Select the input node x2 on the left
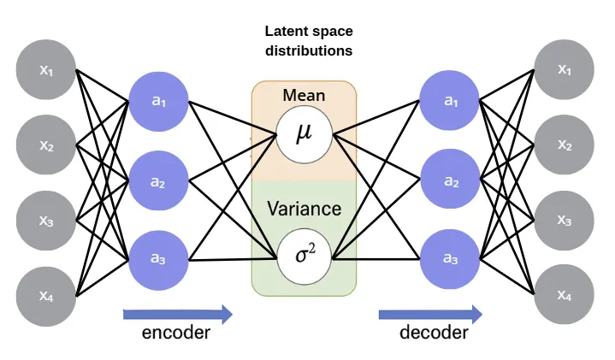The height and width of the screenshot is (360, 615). point(46,145)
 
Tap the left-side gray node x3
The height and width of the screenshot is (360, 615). point(46,221)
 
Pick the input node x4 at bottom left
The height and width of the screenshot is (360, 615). point(46,295)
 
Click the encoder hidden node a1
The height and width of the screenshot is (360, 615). point(158,102)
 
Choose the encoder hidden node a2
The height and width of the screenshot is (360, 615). point(158,180)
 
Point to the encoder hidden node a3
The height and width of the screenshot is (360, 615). point(158,258)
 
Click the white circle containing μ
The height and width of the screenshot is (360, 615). point(304,135)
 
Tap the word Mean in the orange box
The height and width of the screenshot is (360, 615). point(304,95)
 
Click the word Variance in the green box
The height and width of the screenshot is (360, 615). point(304,209)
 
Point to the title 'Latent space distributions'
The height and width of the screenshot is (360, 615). point(307,40)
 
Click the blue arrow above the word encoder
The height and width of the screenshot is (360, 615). point(177,314)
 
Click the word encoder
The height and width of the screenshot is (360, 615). point(176,333)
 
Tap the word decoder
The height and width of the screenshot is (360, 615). point(434,333)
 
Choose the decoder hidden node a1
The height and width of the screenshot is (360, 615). point(451,102)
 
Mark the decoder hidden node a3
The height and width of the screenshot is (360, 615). point(451,258)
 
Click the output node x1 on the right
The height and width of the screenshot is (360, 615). point(564,69)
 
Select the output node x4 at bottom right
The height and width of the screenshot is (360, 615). point(564,295)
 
